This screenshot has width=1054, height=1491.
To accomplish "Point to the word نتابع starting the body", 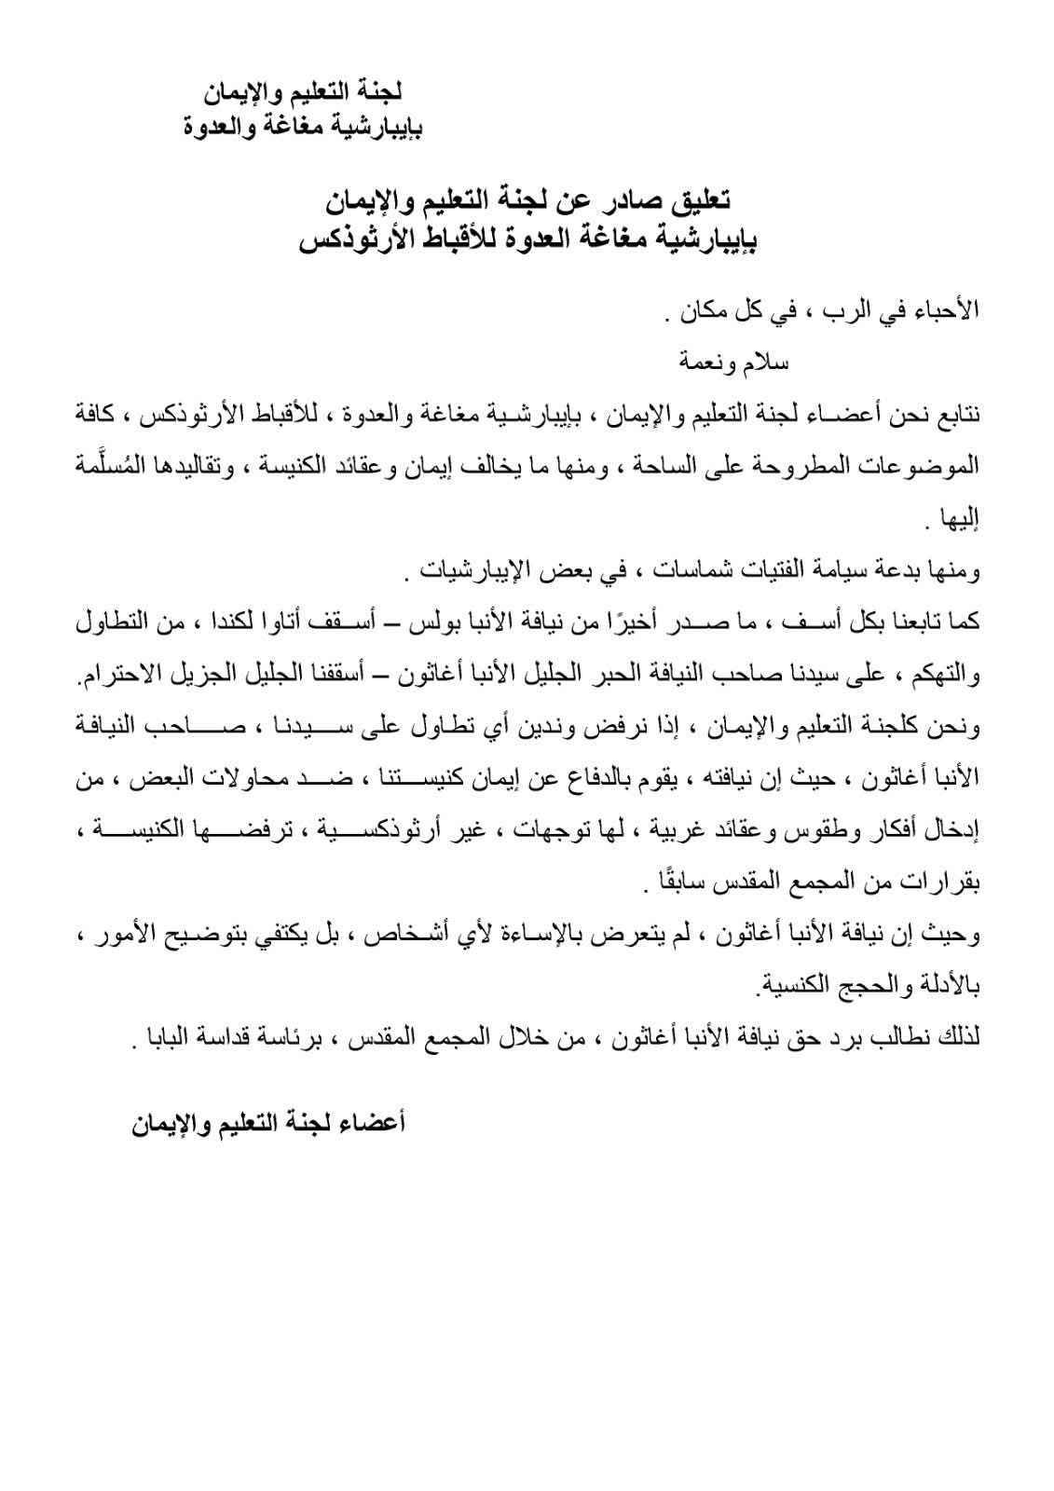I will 952,411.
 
